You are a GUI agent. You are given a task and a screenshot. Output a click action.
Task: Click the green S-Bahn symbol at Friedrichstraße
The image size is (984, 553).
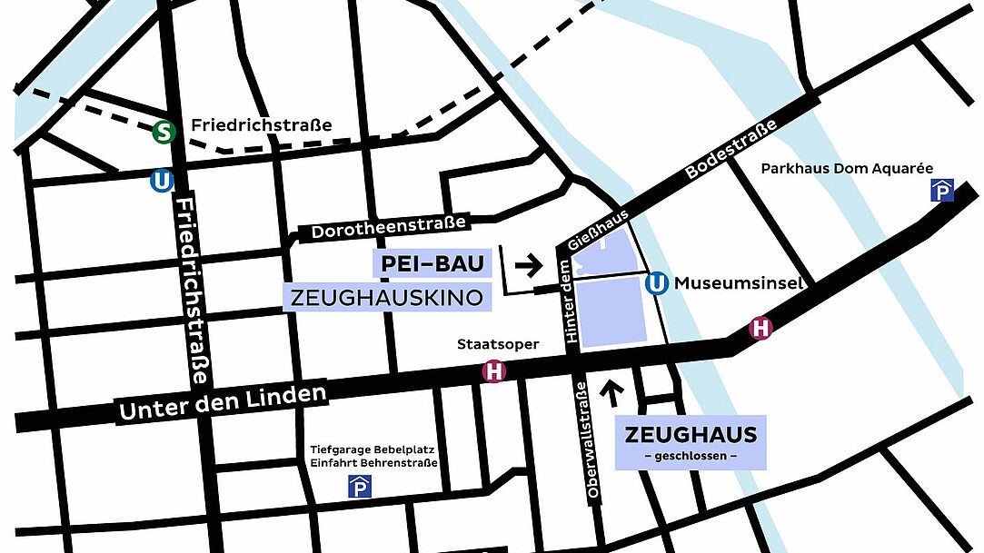(x=164, y=133)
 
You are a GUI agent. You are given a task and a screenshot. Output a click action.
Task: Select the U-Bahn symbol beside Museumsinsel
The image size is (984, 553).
(x=657, y=284)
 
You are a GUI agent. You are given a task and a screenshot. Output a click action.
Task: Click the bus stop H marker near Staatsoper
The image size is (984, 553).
(x=493, y=371)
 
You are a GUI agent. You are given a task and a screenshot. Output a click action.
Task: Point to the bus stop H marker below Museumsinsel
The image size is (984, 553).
(x=760, y=329)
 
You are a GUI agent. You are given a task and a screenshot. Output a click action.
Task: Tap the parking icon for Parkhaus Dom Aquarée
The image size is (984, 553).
(x=940, y=190)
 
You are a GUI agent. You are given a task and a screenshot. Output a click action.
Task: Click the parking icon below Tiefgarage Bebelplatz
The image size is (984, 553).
(x=360, y=488)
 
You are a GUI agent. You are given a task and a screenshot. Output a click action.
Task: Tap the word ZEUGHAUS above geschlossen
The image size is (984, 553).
(x=691, y=434)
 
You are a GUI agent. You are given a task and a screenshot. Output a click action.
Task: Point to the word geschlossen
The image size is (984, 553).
(x=691, y=455)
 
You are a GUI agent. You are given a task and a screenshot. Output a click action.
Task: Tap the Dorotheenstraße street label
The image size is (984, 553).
(x=388, y=228)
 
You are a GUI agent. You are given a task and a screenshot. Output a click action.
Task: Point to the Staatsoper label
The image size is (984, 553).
(x=498, y=345)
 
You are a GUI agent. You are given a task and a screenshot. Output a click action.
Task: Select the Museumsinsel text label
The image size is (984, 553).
(x=739, y=284)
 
